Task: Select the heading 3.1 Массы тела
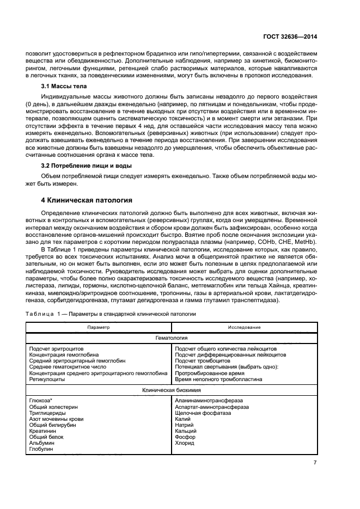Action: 64,87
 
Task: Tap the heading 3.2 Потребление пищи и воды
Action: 86,165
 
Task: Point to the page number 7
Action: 315,463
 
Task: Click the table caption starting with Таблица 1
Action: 107,314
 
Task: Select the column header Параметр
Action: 99,327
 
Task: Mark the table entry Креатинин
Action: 42,431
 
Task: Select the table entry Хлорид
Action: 185,443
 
